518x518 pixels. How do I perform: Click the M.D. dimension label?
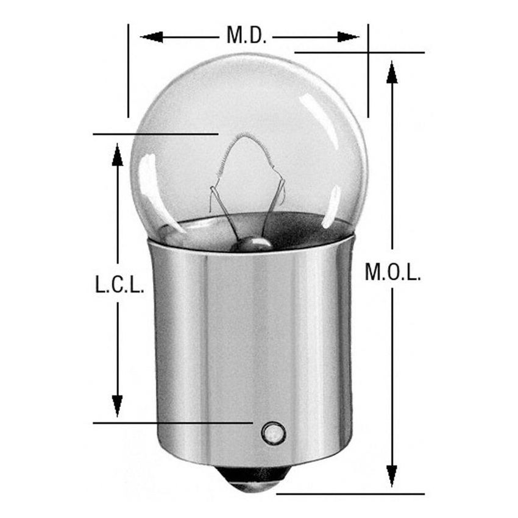[246, 35]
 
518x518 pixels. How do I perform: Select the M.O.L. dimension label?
[392, 272]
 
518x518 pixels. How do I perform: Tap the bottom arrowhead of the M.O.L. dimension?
[392, 475]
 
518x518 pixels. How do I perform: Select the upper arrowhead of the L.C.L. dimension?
[118, 155]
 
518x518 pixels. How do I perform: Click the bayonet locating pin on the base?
[272, 433]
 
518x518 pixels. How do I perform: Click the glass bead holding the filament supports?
[254, 244]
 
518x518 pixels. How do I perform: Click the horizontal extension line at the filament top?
[155, 133]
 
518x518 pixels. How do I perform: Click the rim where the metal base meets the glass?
[250, 251]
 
